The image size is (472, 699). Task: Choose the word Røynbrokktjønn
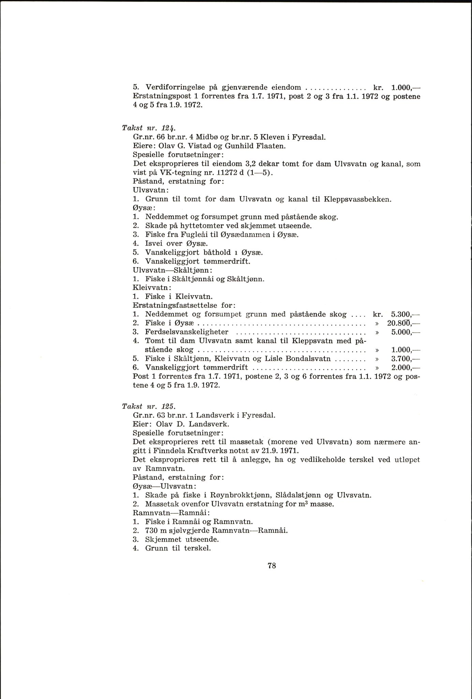coord(242,495)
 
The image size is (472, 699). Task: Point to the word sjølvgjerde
coord(198,531)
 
